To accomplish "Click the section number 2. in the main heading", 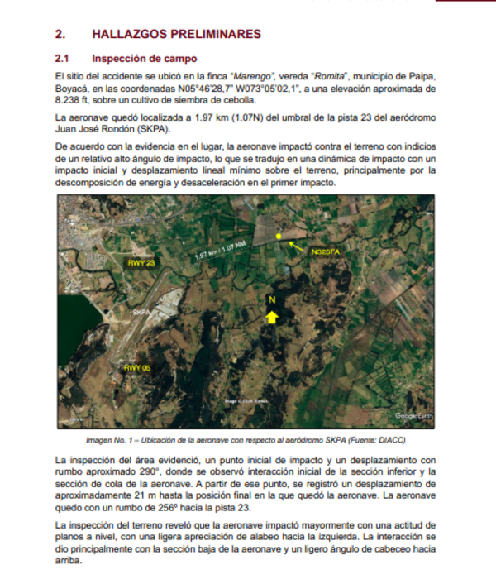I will [x=60, y=34].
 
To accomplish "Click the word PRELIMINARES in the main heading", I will [x=217, y=34].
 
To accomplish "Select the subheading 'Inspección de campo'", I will [x=145, y=59].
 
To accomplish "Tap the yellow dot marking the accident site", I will [x=279, y=237].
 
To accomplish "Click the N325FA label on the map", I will [x=326, y=251].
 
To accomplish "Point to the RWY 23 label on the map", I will [x=141, y=262].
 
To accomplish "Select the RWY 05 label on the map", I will [x=136, y=366].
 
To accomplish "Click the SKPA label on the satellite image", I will [x=142, y=313].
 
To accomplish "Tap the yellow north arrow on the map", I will [x=271, y=317].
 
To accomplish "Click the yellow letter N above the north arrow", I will [x=271, y=299].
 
